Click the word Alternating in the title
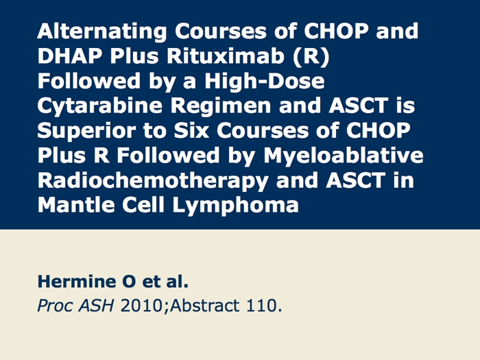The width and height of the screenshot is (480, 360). point(102,32)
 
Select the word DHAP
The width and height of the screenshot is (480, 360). point(69,56)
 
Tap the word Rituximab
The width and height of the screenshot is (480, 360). point(226,56)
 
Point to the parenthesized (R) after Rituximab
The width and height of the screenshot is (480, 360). point(311,57)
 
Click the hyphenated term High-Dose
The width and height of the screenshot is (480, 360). point(265,81)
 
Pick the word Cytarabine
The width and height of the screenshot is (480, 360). point(100,106)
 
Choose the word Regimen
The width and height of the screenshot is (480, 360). point(221,106)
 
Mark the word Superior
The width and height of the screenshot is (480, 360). point(86,131)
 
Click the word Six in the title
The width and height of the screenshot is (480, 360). point(191,130)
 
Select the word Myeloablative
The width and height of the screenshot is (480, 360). point(344,156)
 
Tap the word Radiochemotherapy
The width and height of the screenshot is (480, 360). point(153,180)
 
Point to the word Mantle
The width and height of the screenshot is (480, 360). point(76,204)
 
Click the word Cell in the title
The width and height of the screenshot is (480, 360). point(143,204)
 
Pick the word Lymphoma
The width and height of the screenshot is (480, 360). point(235,205)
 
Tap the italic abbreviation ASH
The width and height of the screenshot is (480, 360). point(96,306)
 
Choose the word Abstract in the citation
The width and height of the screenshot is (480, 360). point(205,306)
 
